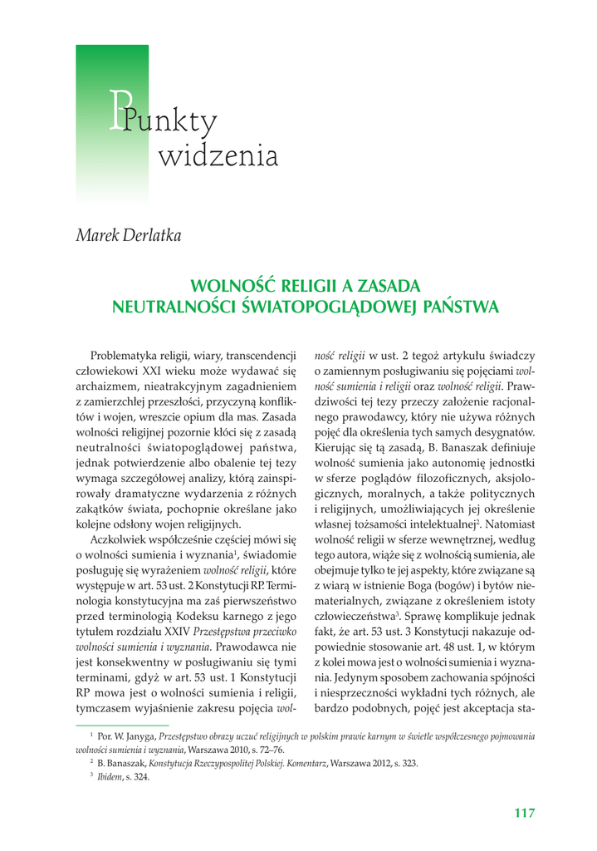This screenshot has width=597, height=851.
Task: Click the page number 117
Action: (x=523, y=813)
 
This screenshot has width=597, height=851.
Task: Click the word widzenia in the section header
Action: (x=217, y=155)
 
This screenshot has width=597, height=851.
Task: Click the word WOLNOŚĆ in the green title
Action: (x=228, y=287)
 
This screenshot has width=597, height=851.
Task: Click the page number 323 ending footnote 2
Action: (x=409, y=764)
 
